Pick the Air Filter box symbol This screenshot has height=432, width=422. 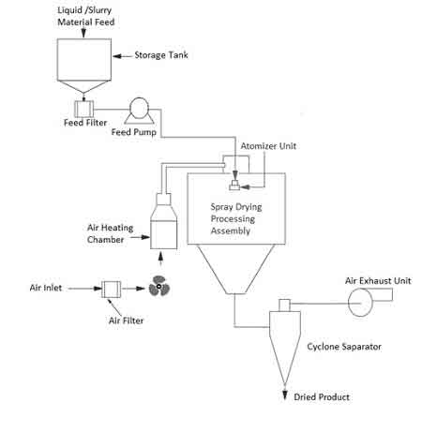pyautogui.click(x=110, y=288)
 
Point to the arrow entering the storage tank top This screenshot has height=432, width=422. pyautogui.click(x=83, y=34)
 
